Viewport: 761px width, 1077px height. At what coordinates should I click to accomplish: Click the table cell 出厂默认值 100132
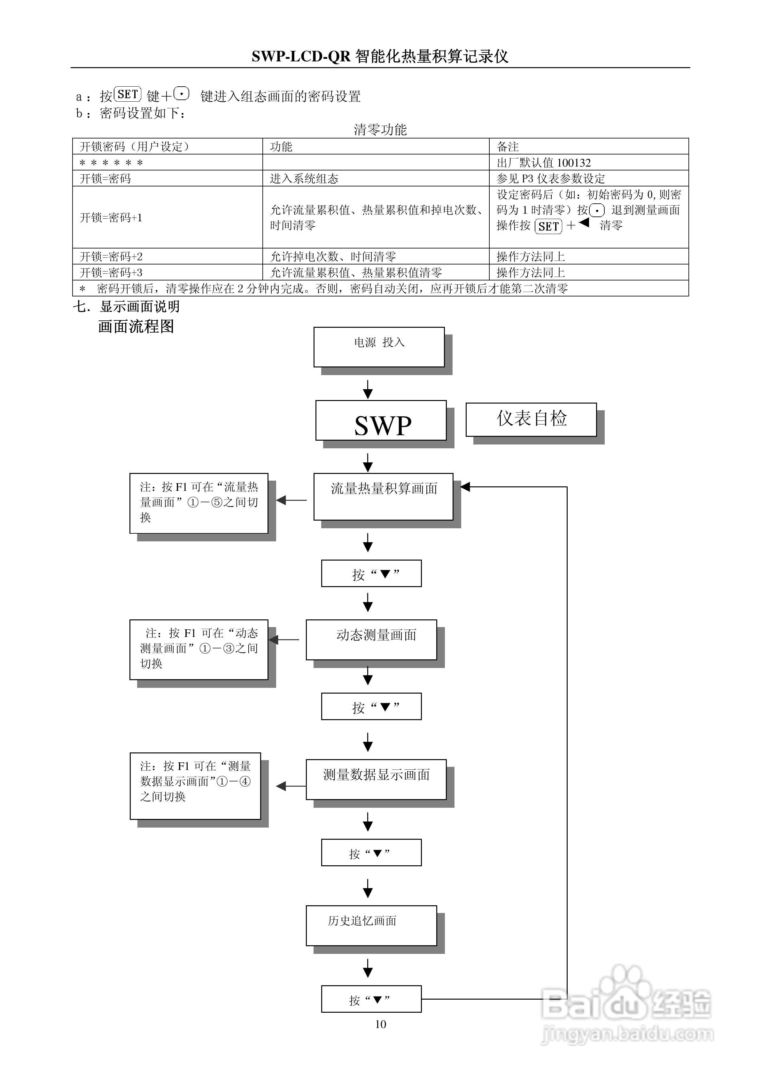[x=588, y=162]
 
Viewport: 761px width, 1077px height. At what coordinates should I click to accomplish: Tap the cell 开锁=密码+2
[x=167, y=256]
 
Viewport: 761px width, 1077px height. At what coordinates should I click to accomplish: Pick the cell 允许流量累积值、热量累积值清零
[x=376, y=272]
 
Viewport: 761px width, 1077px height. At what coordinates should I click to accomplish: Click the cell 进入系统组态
[x=376, y=178]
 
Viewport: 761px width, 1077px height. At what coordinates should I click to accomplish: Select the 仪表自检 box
[x=531, y=419]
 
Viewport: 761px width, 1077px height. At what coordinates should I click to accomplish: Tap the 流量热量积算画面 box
[x=384, y=497]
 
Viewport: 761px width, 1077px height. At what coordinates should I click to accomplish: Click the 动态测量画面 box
[x=371, y=640]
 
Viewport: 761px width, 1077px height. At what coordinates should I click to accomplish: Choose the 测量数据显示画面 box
[x=376, y=780]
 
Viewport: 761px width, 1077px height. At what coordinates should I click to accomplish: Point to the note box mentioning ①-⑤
[x=199, y=503]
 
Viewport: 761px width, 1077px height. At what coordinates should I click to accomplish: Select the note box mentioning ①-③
[x=199, y=650]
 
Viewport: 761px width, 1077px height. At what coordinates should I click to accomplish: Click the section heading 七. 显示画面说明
[x=126, y=306]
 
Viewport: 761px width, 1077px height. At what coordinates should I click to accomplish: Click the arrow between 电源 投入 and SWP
[x=368, y=389]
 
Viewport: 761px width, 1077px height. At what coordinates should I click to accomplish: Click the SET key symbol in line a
[x=128, y=94]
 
